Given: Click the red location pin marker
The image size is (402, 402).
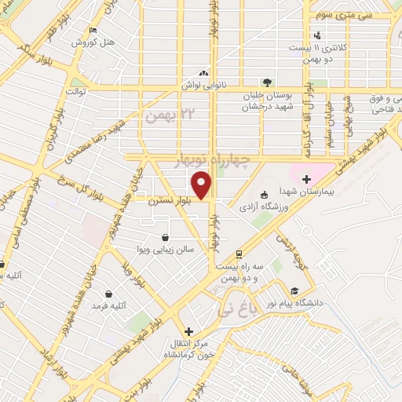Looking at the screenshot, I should [x=203, y=185].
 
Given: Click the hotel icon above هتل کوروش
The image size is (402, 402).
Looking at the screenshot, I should [x=94, y=31].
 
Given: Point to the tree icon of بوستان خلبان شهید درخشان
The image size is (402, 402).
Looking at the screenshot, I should [x=268, y=81].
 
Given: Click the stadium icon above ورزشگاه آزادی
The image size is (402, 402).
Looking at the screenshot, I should [x=264, y=194].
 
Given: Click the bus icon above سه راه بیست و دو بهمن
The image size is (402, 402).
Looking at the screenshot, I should [x=237, y=254].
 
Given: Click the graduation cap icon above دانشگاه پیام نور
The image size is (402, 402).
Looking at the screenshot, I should [x=294, y=290].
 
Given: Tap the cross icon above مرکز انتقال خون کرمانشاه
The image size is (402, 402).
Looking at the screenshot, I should [x=188, y=331].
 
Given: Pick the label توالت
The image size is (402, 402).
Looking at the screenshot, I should [x=75, y=90].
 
